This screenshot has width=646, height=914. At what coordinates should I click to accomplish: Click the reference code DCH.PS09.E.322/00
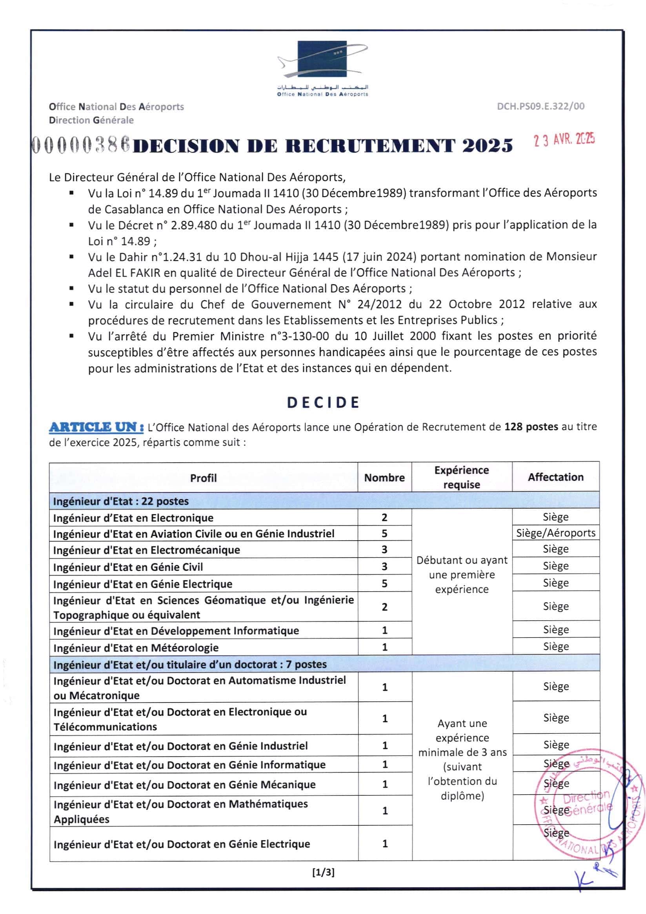coord(540,106)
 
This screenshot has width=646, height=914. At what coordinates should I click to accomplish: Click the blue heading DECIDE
coord(323,402)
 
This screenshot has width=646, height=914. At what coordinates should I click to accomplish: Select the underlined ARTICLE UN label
coord(96,427)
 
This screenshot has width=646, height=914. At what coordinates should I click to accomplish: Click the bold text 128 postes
coord(531,427)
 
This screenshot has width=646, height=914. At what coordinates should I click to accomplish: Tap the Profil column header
coord(203,478)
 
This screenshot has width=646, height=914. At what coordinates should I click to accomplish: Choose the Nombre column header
coord(384,477)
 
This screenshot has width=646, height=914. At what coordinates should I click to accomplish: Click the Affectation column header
coord(555,477)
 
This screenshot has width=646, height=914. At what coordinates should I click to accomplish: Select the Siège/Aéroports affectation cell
coord(555,533)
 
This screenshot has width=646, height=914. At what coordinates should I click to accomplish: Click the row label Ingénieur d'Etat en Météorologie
coord(136,648)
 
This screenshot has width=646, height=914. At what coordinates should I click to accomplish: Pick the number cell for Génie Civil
coord(384,566)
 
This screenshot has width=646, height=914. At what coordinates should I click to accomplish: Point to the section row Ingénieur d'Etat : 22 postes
coord(121,501)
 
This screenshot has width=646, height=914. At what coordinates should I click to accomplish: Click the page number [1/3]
coord(323,872)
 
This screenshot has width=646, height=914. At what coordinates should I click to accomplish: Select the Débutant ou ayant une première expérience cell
coord(462,574)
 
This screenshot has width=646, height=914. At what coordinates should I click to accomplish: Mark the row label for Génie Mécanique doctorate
coord(184,785)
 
